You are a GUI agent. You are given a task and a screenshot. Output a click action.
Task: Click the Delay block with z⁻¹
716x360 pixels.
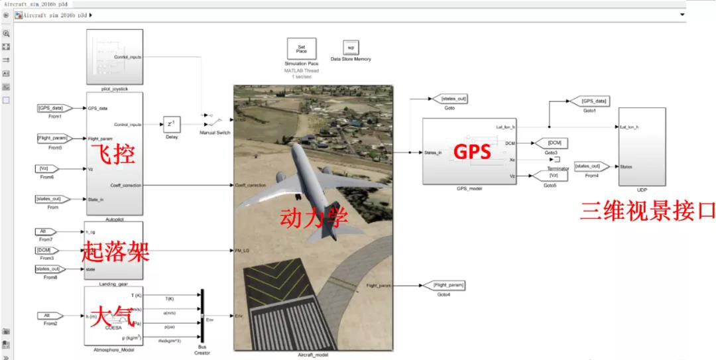click(171, 125)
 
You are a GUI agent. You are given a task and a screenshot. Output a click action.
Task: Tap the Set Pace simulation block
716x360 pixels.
click(301, 49)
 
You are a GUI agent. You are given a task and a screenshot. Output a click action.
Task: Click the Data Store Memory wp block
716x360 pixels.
click(351, 48)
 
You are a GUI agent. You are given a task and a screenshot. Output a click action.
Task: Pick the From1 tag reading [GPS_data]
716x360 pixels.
click(51, 107)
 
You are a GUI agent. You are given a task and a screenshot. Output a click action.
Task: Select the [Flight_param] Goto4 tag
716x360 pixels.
click(449, 285)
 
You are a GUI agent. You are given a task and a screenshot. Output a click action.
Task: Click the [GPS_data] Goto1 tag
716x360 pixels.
click(594, 101)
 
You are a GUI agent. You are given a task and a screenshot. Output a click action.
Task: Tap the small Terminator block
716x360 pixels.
click(557, 160)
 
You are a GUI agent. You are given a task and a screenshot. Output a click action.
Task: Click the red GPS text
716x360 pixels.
click(472, 152)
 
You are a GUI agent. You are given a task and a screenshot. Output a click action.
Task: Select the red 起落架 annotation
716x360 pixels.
click(115, 251)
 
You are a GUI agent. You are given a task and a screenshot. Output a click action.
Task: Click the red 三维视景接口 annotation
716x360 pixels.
click(648, 210)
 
